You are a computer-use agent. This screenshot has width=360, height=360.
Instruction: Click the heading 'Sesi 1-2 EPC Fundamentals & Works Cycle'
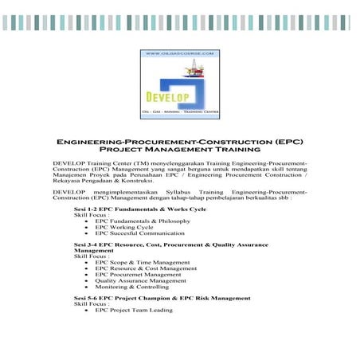(x=139, y=209)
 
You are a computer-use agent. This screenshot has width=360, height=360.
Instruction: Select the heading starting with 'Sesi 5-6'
(x=162, y=297)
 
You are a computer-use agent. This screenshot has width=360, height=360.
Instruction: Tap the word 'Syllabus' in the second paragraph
(x=184, y=193)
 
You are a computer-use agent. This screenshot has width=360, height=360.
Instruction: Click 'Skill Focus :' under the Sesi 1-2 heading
(x=91, y=215)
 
